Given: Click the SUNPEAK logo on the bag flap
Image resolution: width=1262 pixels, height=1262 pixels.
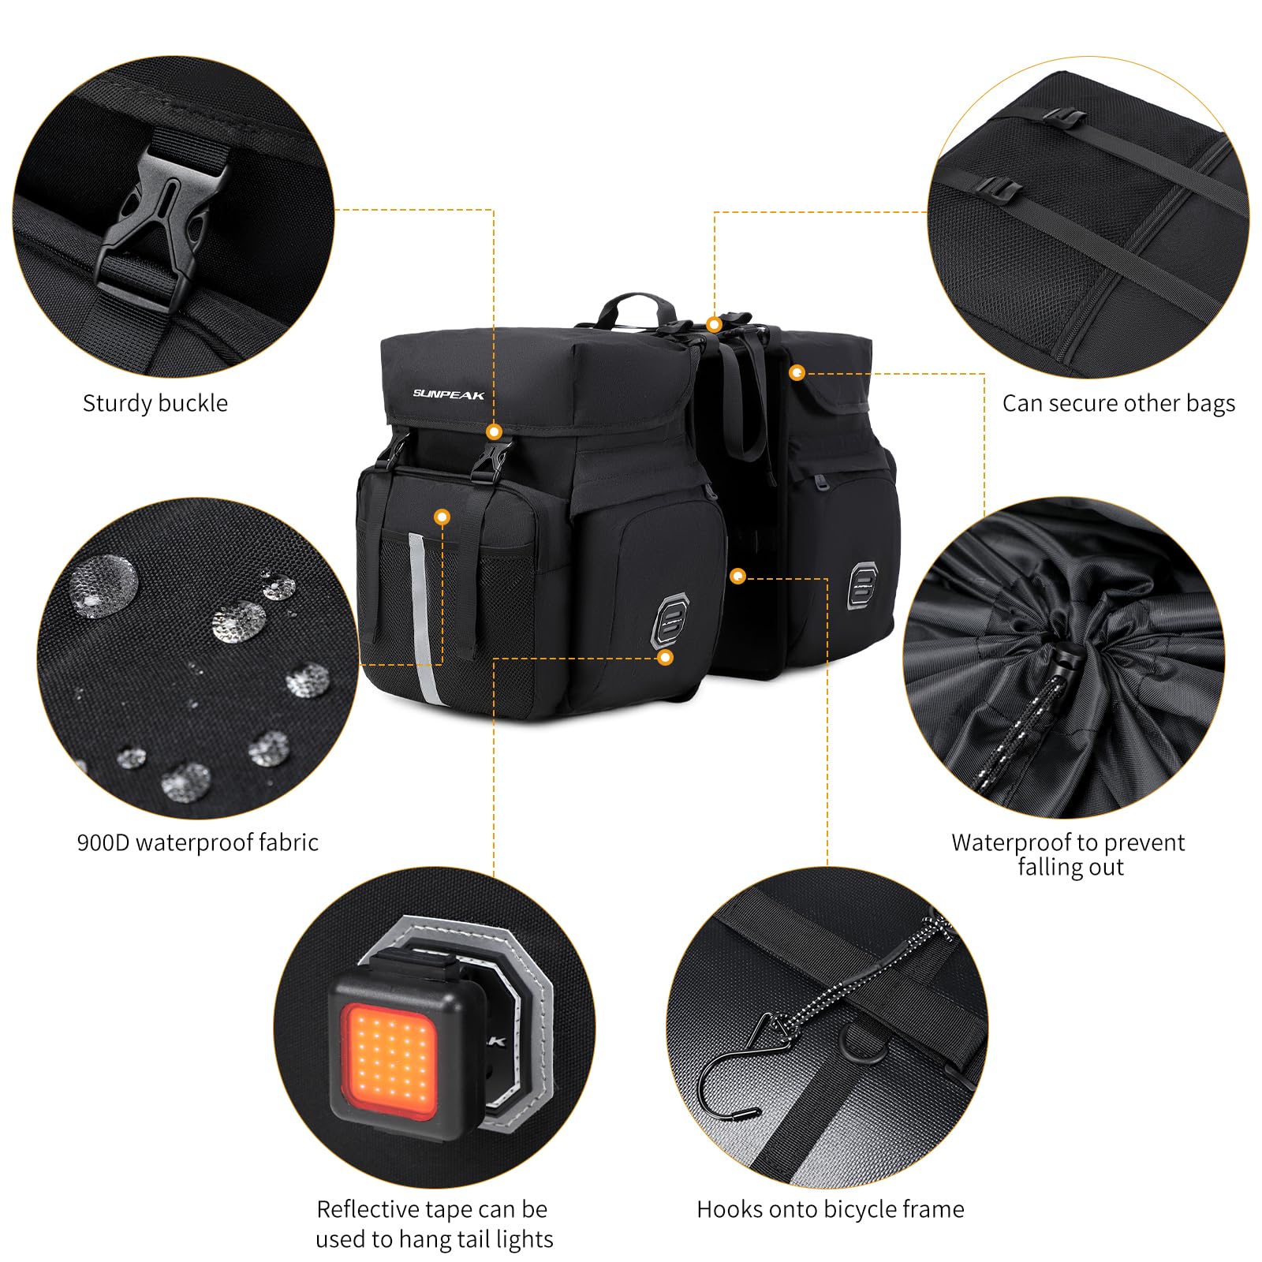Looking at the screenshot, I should pos(448,394).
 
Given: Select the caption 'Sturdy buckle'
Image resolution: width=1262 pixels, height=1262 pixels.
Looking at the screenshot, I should pos(155,404).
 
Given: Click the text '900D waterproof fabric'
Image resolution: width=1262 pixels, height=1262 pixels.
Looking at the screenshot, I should pos(197,842).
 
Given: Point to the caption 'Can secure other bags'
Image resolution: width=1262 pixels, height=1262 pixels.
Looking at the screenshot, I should pos(1118,404).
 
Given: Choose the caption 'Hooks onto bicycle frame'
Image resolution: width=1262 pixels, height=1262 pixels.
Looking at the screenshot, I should pos(830,1209).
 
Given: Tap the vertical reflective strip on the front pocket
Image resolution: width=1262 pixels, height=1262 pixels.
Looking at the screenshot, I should pos(423,615).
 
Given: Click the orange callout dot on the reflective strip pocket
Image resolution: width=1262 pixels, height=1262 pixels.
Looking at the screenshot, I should pos(442,517).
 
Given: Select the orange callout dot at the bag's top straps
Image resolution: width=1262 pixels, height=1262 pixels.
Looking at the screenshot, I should pos(715,324).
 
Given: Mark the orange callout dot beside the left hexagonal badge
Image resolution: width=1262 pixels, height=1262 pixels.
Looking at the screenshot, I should pos(666,657).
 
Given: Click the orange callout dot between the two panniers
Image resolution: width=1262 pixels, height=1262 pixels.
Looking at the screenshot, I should pos(737,577).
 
